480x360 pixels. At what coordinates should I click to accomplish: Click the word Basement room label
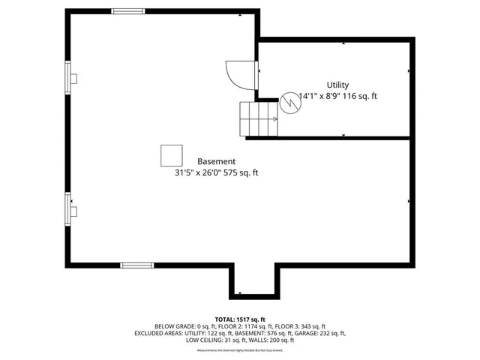[x=216, y=161]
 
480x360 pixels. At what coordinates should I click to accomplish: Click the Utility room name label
[x=337, y=85]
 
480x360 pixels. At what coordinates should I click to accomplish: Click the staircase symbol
[x=258, y=118]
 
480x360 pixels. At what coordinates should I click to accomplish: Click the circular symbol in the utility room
[x=290, y=103]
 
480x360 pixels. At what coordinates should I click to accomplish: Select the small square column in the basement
[x=171, y=155]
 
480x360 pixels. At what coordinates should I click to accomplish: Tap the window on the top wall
[x=128, y=11]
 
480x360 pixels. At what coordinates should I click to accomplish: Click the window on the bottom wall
[x=137, y=265]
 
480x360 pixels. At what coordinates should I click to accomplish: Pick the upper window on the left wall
[x=68, y=77]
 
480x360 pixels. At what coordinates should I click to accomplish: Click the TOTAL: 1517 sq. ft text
[x=240, y=319]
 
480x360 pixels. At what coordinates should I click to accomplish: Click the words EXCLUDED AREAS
[x=158, y=333]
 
